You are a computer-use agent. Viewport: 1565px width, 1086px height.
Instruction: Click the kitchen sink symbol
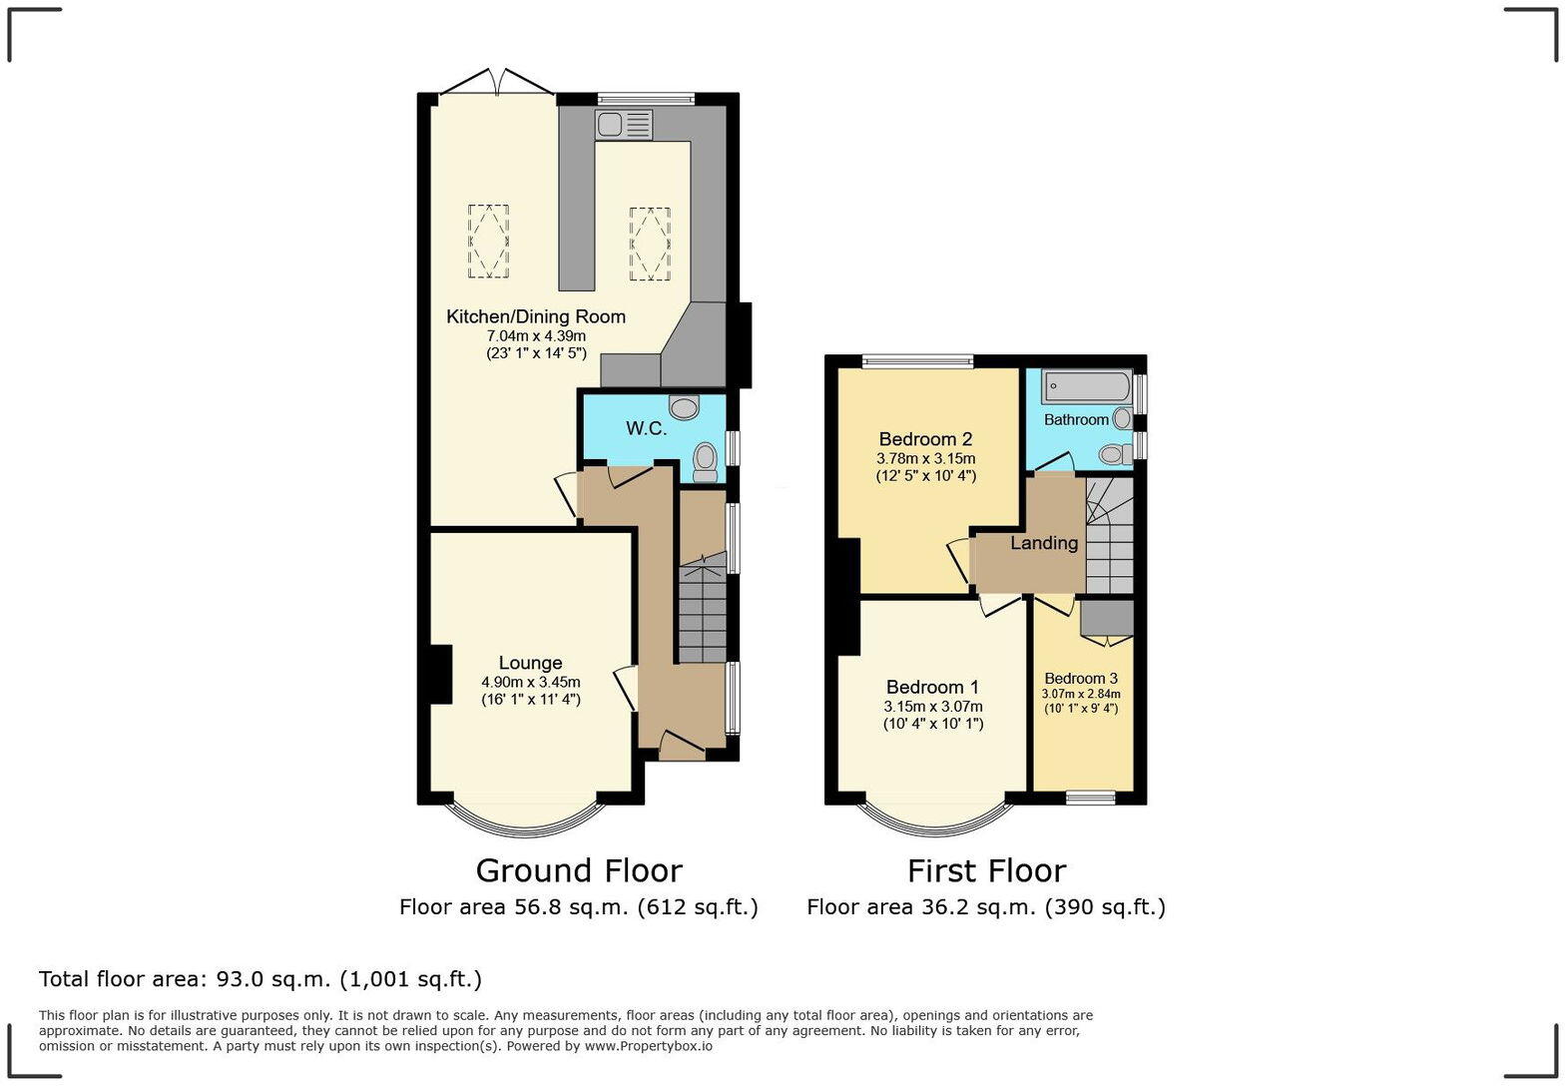click(x=624, y=126)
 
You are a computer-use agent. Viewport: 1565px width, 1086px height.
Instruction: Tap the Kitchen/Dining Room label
click(x=535, y=316)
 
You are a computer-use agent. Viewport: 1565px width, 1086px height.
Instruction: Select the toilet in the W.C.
click(x=706, y=461)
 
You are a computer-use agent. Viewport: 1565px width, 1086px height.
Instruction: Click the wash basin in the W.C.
click(x=685, y=406)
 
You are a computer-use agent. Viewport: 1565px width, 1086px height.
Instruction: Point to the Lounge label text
click(x=530, y=663)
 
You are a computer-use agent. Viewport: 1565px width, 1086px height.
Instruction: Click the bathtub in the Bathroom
click(x=1086, y=386)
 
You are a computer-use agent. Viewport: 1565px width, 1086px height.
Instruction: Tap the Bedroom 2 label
click(x=925, y=439)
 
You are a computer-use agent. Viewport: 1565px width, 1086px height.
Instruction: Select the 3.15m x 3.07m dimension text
click(x=932, y=707)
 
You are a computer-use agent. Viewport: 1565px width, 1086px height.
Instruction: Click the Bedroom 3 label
click(x=1081, y=678)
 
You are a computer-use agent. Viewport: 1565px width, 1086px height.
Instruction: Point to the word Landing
click(x=1044, y=543)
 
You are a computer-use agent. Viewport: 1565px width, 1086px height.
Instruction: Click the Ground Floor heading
click(x=579, y=870)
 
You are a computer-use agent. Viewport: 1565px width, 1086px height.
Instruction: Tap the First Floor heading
click(x=986, y=870)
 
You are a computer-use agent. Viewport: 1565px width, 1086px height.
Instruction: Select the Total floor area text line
click(x=261, y=979)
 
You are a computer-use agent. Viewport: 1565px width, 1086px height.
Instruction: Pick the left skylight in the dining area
click(x=488, y=241)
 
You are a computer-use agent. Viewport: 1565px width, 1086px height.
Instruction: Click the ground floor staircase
click(x=703, y=613)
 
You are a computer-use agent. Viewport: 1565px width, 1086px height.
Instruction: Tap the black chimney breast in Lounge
click(x=439, y=675)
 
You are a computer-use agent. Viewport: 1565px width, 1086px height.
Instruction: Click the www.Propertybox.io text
click(x=648, y=1046)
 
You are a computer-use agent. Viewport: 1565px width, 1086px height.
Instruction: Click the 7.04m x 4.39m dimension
click(x=535, y=336)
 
